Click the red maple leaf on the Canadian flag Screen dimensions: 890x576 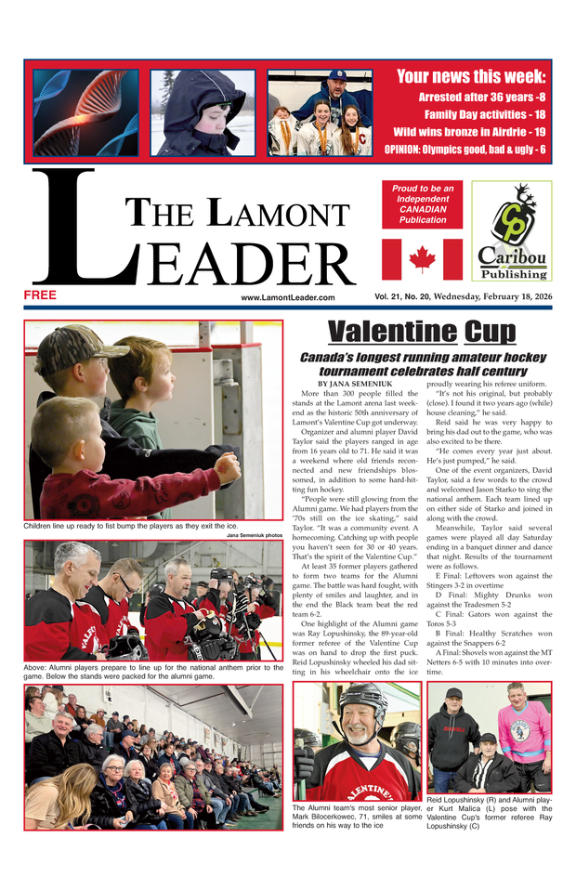pyautogui.click(x=422, y=258)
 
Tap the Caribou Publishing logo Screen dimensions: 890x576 pyautogui.click(x=511, y=229)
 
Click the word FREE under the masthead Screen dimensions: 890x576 pyautogui.click(x=41, y=295)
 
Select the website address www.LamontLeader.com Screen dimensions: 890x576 pyautogui.click(x=287, y=297)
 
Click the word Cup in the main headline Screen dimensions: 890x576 pyautogui.click(x=490, y=332)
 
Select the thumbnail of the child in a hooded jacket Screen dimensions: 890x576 pyautogui.click(x=203, y=111)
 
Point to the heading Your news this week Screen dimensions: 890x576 pyautogui.click(x=471, y=76)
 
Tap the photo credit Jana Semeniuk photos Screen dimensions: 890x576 pyautogui.click(x=255, y=535)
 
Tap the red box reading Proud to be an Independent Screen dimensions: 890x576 pyautogui.click(x=422, y=203)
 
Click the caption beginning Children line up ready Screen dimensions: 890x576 pyautogui.click(x=130, y=526)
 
